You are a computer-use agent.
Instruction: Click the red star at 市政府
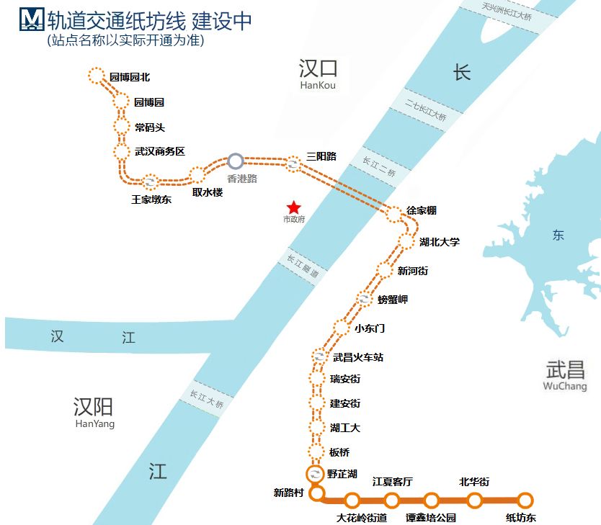pyautogui.click(x=293, y=207)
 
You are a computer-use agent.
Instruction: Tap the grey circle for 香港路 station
pyautogui.click(x=236, y=161)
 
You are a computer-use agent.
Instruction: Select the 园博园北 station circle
pyautogui.click(x=96, y=76)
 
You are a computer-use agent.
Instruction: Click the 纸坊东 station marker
pyautogui.click(x=525, y=500)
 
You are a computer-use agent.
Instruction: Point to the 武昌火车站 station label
pyautogui.click(x=357, y=356)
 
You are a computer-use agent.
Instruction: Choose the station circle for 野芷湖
pyautogui.click(x=315, y=474)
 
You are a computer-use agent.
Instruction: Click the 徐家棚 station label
pyautogui.click(x=422, y=211)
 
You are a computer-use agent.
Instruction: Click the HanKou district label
pyautogui.click(x=318, y=86)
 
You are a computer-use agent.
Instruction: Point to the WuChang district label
pyautogui.click(x=565, y=387)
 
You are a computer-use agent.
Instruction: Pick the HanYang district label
pyautogui.click(x=94, y=424)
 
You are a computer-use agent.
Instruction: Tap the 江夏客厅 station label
pyautogui.click(x=392, y=482)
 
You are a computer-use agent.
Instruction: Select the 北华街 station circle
pyautogui.click(x=475, y=500)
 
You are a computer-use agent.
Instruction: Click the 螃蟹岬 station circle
pyautogui.click(x=365, y=299)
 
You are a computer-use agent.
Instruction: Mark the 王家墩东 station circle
pyautogui.click(x=150, y=182)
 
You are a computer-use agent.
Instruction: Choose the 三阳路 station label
pyautogui.click(x=321, y=156)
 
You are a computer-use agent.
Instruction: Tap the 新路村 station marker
pyautogui.click(x=316, y=494)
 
